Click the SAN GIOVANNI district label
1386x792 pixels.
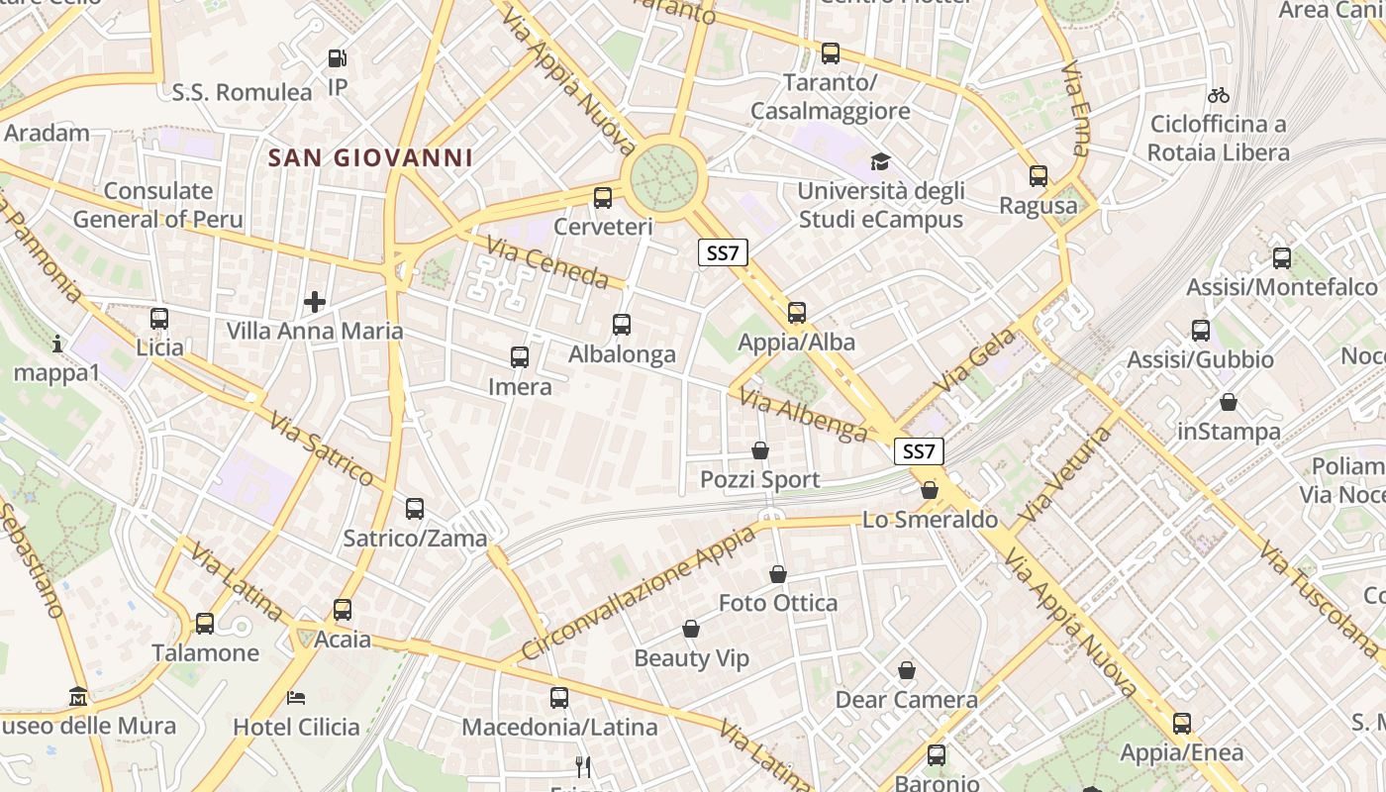(369, 157)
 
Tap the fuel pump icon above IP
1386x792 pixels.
(338, 58)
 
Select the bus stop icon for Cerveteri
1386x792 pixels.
(603, 197)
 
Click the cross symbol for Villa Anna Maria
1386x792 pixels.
(315, 301)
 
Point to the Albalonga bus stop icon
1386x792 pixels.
(622, 324)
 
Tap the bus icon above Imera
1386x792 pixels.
(520, 356)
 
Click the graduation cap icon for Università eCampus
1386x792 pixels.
(880, 161)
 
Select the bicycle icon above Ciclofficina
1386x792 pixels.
(1219, 95)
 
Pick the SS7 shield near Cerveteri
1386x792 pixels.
(723, 252)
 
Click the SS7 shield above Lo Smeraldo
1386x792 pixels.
(919, 451)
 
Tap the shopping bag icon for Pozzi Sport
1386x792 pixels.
(760, 450)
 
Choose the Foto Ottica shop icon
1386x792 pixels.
(778, 574)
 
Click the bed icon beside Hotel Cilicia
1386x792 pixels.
(296, 698)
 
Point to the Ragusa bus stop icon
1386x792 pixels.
(1039, 176)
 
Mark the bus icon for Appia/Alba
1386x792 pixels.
(797, 313)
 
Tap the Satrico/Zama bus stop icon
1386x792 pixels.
(415, 509)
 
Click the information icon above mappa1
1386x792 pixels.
(57, 344)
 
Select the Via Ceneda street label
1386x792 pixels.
(545, 262)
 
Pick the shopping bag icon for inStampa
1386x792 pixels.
(1229, 402)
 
